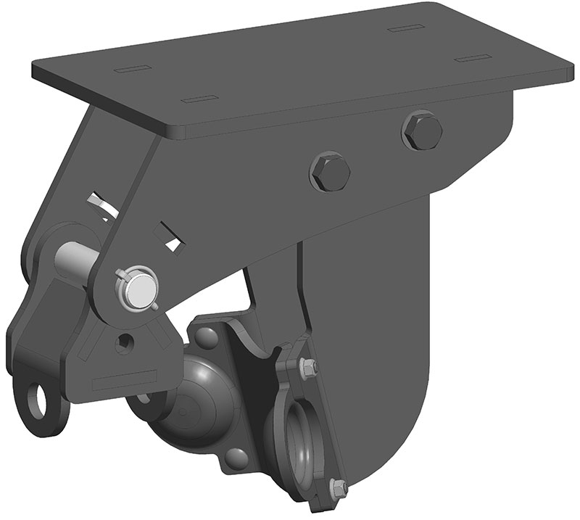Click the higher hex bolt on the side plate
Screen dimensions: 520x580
pyautogui.click(x=422, y=131)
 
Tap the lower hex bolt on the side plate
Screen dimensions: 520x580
pyautogui.click(x=330, y=172)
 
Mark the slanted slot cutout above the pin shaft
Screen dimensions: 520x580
pyautogui.click(x=101, y=204)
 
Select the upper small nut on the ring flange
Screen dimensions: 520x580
pyautogui.click(x=308, y=368)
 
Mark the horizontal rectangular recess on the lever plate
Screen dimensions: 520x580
pyautogui.click(x=125, y=379)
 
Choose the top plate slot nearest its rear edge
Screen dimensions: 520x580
pyautogui.click(x=405, y=30)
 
